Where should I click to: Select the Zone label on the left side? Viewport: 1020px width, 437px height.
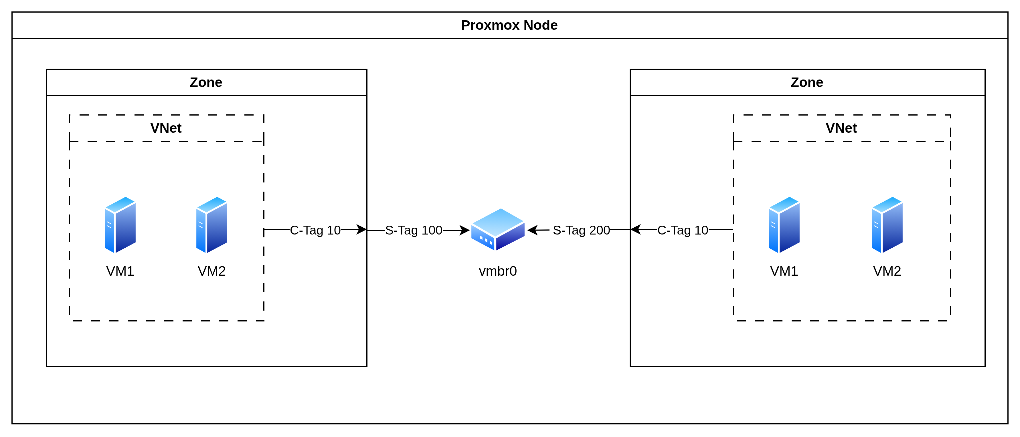[206, 82]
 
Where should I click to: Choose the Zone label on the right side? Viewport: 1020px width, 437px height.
[806, 82]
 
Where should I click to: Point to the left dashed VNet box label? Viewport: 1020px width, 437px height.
[166, 128]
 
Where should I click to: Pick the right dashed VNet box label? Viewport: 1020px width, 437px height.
[841, 128]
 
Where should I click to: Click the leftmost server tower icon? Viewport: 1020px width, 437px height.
[120, 225]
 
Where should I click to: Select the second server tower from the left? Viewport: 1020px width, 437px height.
[211, 225]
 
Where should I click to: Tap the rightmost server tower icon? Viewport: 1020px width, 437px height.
[887, 225]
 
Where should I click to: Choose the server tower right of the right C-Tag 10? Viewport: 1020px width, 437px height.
[784, 225]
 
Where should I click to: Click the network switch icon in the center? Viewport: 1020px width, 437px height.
[498, 230]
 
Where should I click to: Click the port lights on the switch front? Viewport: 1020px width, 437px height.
[486, 240]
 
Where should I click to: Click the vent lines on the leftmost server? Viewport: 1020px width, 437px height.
[109, 225]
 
